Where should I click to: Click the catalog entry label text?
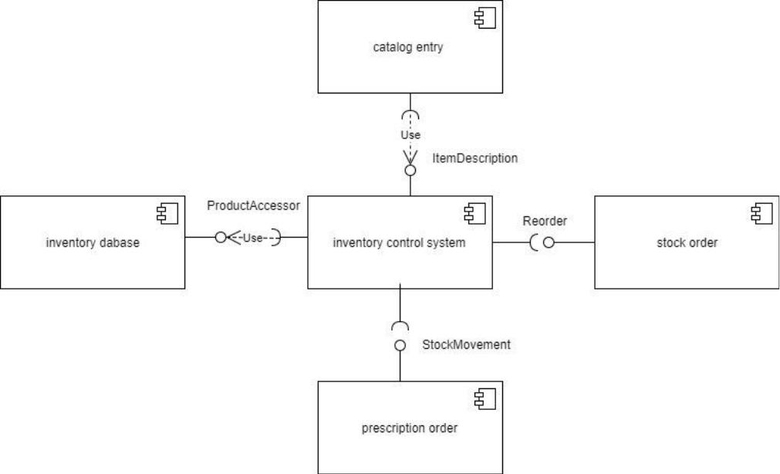pyautogui.click(x=408, y=47)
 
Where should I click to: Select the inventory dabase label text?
pyautogui.click(x=93, y=242)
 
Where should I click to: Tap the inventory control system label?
pyautogui.click(x=399, y=243)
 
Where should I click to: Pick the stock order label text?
pyautogui.click(x=687, y=242)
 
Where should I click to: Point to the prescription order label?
pyautogui.click(x=410, y=428)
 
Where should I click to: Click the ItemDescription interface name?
pyautogui.click(x=474, y=158)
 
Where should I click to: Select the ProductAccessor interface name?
pyautogui.click(x=253, y=205)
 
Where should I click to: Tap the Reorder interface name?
pyautogui.click(x=545, y=221)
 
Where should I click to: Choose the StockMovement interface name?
pyautogui.click(x=466, y=344)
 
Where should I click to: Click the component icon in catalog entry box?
pyautogui.click(x=485, y=18)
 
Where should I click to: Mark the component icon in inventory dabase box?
pyautogui.click(x=167, y=214)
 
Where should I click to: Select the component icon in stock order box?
pyautogui.click(x=761, y=214)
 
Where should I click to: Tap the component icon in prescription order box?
pyautogui.click(x=485, y=399)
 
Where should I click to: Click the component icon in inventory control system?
pyautogui.click(x=474, y=214)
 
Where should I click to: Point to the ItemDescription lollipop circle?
pyautogui.click(x=410, y=171)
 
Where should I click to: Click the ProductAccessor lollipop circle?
pyautogui.click(x=221, y=238)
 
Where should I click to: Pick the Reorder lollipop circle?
pyautogui.click(x=549, y=242)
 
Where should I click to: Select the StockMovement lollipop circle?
pyautogui.click(x=400, y=345)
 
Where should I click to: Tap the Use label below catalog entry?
pyautogui.click(x=410, y=135)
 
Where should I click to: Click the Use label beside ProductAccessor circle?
pyautogui.click(x=253, y=238)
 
